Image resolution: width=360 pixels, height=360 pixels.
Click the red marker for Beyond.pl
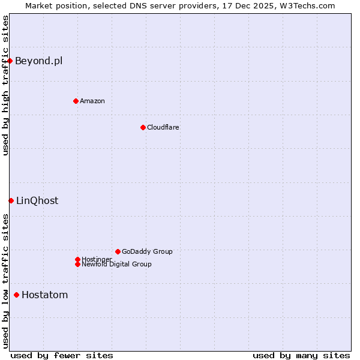tap(10, 61)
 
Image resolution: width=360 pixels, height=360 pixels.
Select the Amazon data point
tap(76, 101)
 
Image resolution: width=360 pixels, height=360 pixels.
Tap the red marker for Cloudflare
tap(143, 127)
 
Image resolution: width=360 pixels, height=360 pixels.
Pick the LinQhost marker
tap(11, 200)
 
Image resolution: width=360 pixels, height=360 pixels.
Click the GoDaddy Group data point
tap(118, 251)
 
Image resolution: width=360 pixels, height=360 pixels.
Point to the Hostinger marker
tap(77, 259)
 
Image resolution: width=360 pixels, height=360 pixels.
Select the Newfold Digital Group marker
tap(77, 264)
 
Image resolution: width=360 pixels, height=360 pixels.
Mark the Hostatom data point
tap(16, 295)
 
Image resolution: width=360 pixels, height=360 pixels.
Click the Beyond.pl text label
tap(38, 61)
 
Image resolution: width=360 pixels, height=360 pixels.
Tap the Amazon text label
tap(92, 101)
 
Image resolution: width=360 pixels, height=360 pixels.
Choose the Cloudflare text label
tap(163, 127)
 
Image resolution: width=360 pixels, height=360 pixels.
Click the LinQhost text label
tap(37, 200)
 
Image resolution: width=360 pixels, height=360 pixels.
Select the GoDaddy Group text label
tap(147, 251)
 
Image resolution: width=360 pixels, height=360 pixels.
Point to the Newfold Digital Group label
tap(116, 264)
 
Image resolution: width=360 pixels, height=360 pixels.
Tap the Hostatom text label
tap(44, 295)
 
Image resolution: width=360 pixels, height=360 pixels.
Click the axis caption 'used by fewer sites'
tap(62, 355)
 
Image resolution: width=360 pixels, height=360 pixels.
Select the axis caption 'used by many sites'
tap(301, 355)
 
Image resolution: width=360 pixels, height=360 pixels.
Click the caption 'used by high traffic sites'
tap(5, 85)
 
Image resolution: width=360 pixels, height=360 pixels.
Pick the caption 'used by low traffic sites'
tap(5, 281)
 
